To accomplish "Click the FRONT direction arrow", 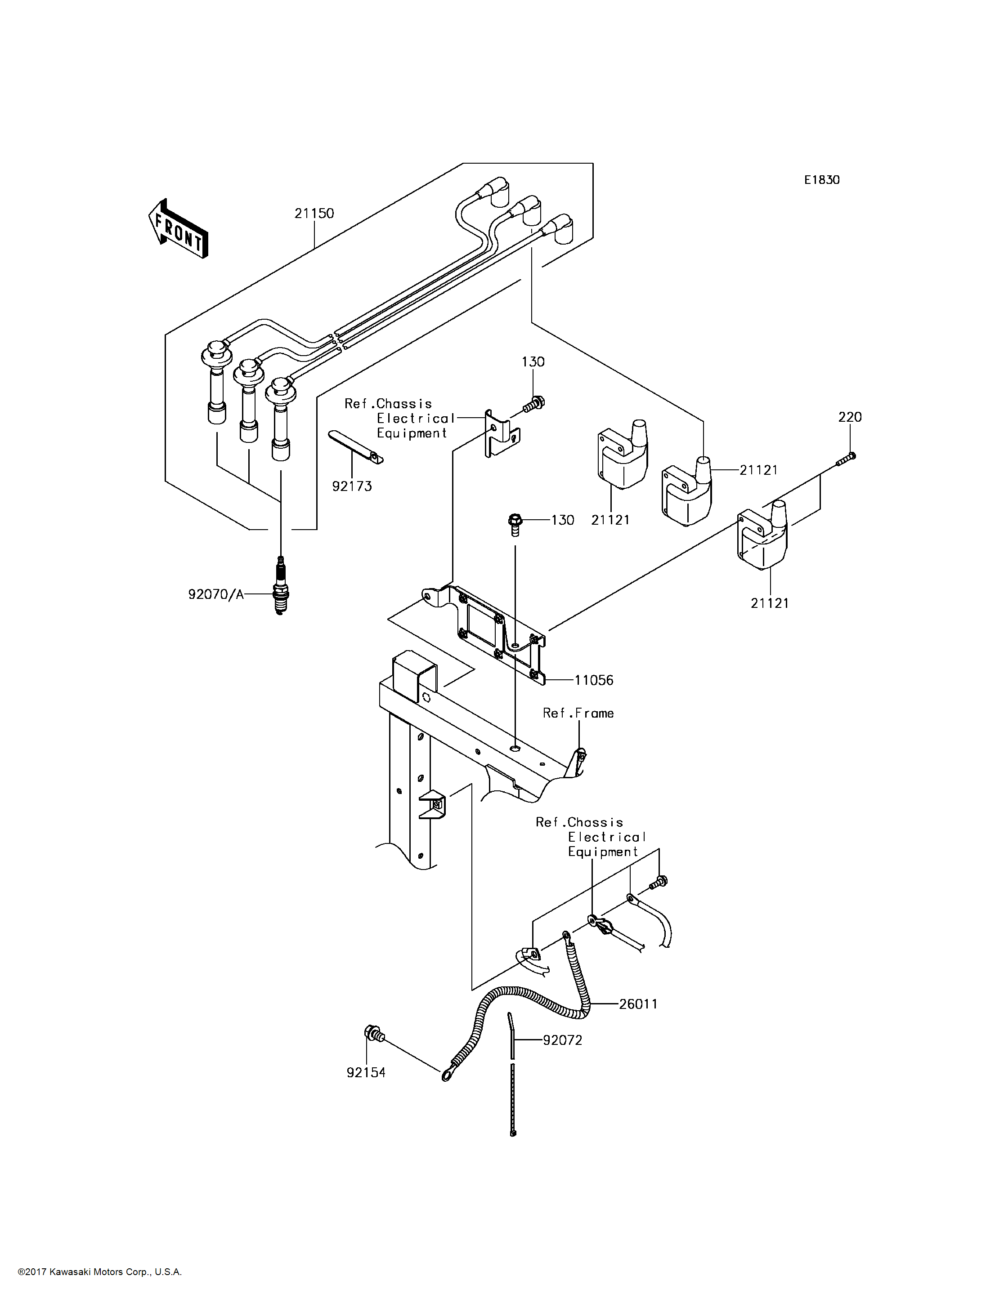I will point(178,229).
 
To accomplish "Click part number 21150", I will point(314,214).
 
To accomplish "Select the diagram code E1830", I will point(822,180).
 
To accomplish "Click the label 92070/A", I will point(215,594).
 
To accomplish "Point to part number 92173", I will point(352,486).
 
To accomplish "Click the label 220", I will point(849,417).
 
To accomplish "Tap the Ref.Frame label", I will point(578,713).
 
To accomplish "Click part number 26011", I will point(638,1004).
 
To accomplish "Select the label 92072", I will point(562,1040).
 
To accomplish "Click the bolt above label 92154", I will point(374,1033).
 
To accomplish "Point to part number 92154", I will point(366,1072).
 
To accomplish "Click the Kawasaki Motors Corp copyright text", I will point(100,1272).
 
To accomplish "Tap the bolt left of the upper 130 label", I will point(533,404).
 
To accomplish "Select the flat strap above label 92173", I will point(355,446).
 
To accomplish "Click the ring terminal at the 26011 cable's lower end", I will point(447,1075).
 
